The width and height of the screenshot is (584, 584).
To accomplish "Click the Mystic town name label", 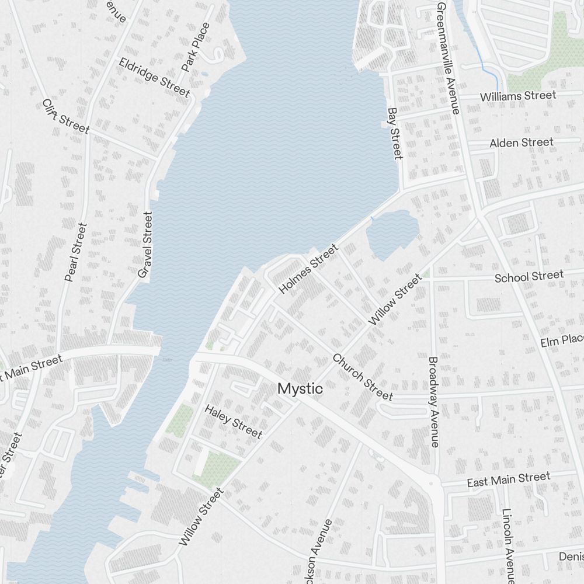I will click(x=300, y=388).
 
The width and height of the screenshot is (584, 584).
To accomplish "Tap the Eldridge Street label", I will click(x=154, y=77).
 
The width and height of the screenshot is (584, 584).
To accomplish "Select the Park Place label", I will click(x=195, y=47).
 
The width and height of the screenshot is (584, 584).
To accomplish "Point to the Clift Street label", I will click(x=65, y=116).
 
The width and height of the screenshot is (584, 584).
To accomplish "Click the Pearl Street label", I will click(x=76, y=252).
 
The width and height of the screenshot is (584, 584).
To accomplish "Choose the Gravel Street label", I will click(x=144, y=244).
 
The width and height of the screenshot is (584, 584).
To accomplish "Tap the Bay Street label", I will click(x=395, y=133).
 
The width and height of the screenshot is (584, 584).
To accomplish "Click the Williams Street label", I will click(x=517, y=96).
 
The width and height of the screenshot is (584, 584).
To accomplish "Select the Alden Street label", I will click(x=521, y=142).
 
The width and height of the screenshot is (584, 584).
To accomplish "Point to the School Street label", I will click(x=529, y=276).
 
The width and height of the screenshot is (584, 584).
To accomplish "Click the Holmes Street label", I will click(x=308, y=269).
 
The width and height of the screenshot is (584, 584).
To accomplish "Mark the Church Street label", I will click(x=362, y=377).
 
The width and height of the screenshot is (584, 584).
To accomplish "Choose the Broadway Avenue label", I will click(x=433, y=402).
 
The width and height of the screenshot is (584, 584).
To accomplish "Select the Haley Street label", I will click(x=233, y=420).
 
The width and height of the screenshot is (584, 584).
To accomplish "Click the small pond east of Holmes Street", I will click(x=391, y=234).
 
